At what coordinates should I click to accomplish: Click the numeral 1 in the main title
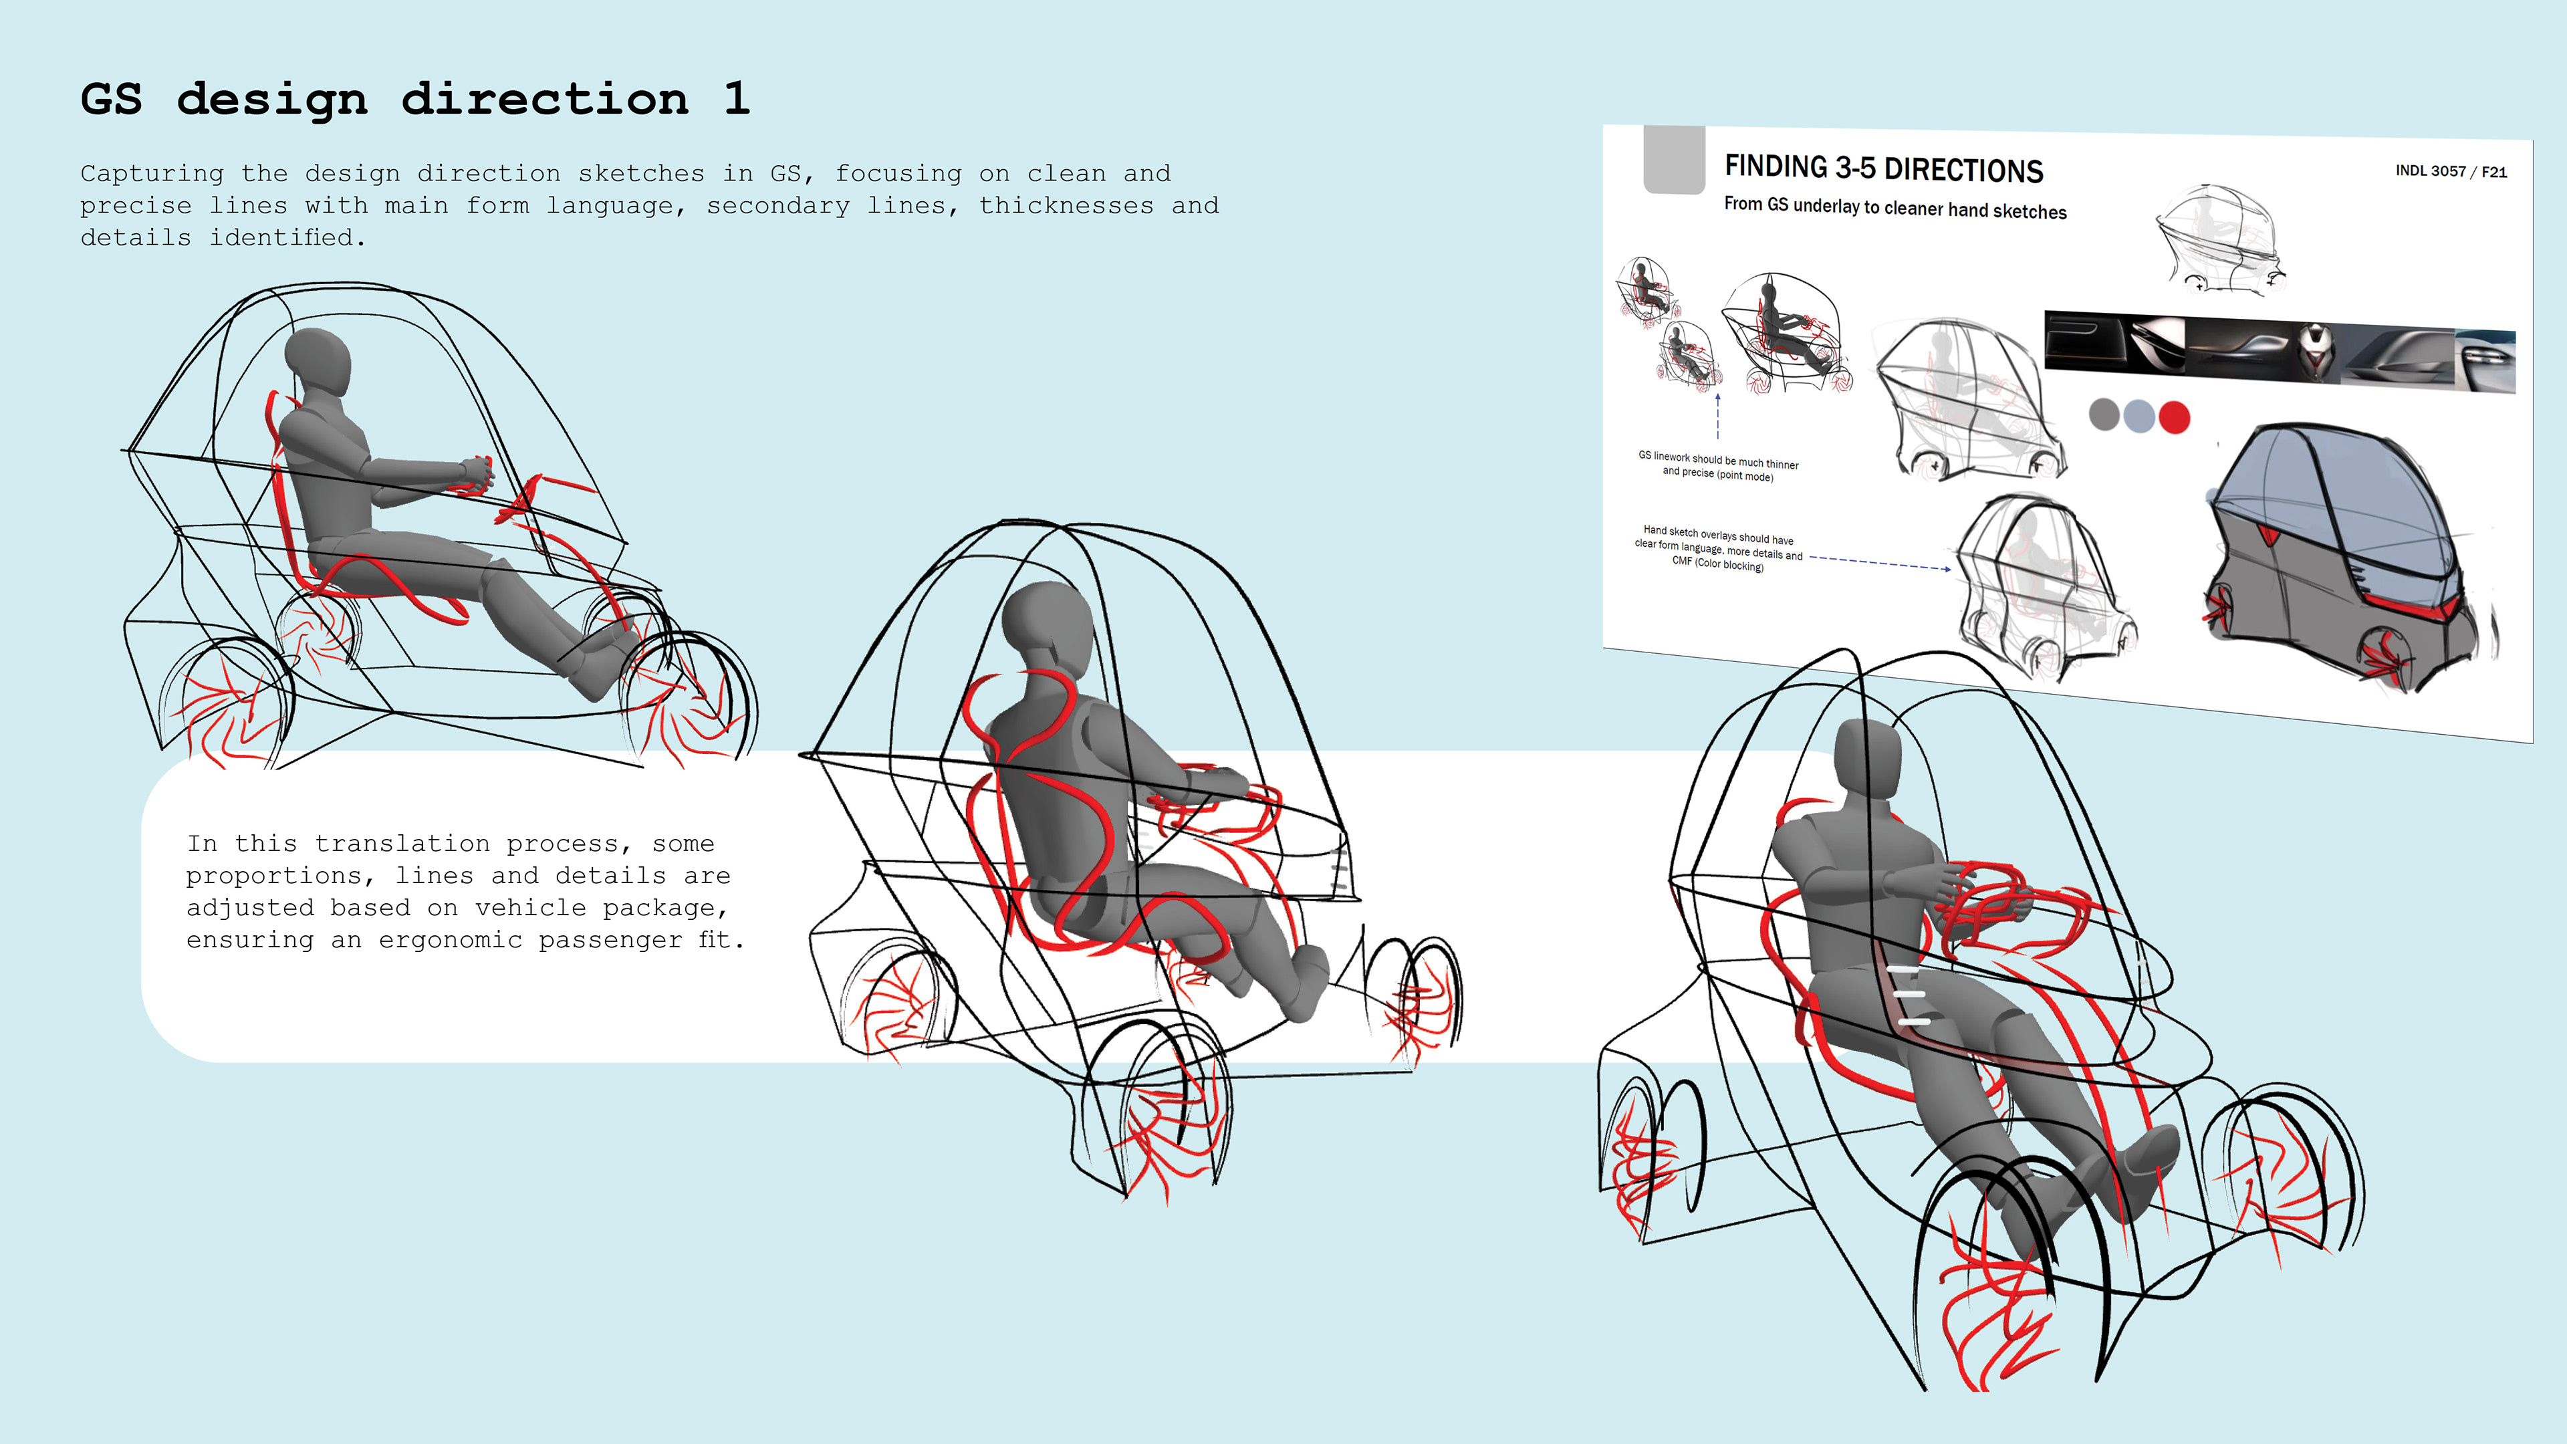pyautogui.click(x=737, y=99)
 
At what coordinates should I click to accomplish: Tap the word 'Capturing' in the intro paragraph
pyautogui.click(x=152, y=173)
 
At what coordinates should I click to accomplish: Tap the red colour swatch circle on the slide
pyautogui.click(x=2175, y=416)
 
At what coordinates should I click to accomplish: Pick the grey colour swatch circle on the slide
pyautogui.click(x=2104, y=414)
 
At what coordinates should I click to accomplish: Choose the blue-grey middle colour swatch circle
pyautogui.click(x=2139, y=416)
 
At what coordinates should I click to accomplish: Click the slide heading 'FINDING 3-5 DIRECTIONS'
pyautogui.click(x=1883, y=168)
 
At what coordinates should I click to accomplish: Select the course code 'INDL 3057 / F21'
pyautogui.click(x=2451, y=171)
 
